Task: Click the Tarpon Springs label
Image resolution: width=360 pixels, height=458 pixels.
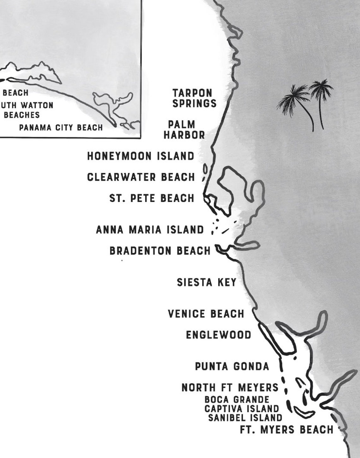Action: coord(194,98)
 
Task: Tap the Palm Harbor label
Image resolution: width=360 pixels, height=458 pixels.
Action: coord(184,130)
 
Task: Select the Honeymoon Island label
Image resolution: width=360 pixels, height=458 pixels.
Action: coord(141,156)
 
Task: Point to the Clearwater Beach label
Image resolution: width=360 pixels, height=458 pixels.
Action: coord(141,177)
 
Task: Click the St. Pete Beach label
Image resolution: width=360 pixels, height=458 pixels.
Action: coord(152,198)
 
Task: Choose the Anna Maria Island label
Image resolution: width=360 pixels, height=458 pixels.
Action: coord(150,230)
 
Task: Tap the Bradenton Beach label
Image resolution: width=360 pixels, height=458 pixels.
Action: coord(160,251)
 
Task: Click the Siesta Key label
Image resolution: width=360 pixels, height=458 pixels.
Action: coord(207,282)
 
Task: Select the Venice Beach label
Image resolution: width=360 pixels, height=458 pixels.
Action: coord(206,314)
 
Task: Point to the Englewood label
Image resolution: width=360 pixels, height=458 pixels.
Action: coord(219,335)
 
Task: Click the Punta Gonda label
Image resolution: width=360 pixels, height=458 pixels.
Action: coord(232,367)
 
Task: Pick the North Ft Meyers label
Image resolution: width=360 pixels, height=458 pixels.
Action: coord(230,388)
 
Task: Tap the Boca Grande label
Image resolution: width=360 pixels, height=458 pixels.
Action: coord(237,400)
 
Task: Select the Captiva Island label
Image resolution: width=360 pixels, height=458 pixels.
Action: coord(242,409)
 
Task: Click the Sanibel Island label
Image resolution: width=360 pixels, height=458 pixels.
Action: coord(245,418)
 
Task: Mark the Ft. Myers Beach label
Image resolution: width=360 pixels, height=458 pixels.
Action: coord(286,430)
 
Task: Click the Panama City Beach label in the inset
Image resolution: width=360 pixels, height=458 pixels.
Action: coord(61,128)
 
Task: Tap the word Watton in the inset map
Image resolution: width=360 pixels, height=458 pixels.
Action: coord(37,105)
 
